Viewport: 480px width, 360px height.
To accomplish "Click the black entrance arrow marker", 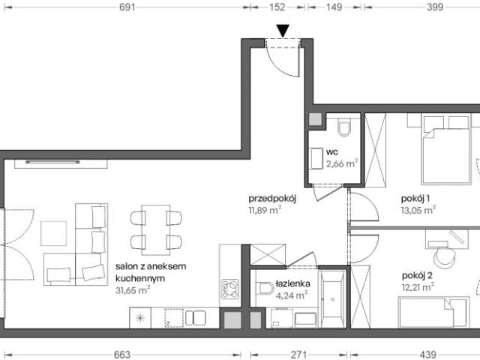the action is tap(283, 31).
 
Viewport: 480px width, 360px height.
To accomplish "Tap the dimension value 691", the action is tap(127, 7).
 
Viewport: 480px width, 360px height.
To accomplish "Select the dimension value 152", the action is tap(277, 7).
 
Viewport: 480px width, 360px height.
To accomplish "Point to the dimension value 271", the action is tap(298, 355).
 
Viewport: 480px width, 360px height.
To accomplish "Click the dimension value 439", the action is tap(427, 355).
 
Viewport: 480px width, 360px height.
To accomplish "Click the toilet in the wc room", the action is tap(344, 127).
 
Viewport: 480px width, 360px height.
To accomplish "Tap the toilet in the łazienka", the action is tap(265, 288).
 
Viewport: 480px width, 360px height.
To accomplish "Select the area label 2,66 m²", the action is tap(342, 163).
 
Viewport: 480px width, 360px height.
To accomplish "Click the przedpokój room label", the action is tap(272, 199).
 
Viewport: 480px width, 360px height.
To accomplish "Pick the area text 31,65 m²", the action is tap(133, 290).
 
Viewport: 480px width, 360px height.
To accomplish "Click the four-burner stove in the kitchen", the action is tap(230, 289).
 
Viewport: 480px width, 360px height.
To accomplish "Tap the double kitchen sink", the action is tap(195, 318).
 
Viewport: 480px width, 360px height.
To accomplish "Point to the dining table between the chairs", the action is tap(156, 230).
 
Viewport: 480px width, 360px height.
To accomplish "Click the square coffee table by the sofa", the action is tap(53, 233).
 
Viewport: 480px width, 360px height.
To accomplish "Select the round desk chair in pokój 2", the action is tap(445, 257).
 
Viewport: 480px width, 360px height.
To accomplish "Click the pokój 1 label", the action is tap(415, 199).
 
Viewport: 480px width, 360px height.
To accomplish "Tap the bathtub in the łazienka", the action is tap(332, 298).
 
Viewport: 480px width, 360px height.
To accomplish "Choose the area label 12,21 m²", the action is tap(418, 287).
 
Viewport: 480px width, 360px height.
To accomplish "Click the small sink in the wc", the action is tap(316, 158).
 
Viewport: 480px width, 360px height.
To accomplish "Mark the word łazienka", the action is tap(292, 283).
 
